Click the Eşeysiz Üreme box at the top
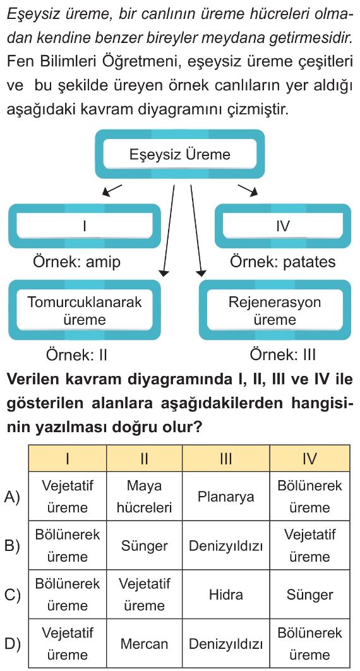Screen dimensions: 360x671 [x=179, y=154]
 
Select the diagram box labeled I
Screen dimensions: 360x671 [x=85, y=226]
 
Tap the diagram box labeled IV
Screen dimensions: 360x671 [x=282, y=226]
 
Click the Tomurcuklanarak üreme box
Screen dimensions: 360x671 [x=85, y=310]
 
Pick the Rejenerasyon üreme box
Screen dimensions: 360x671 [x=275, y=310]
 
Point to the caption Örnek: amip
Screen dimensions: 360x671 [x=77, y=262]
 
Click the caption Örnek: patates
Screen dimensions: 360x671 [x=283, y=262]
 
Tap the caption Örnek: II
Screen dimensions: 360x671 [x=76, y=354]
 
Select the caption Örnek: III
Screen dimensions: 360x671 [x=282, y=354]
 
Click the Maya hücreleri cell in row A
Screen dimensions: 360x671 [x=145, y=497]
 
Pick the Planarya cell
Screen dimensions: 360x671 [x=225, y=497]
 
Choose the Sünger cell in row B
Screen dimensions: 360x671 [x=145, y=545]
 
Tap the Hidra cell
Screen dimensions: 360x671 [x=225, y=594]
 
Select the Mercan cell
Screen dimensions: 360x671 [x=145, y=643]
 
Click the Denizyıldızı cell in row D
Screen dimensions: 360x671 [x=225, y=643]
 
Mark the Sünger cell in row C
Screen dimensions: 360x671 [x=309, y=594]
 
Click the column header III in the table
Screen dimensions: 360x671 [x=225, y=459]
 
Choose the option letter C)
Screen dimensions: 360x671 [x=12, y=595]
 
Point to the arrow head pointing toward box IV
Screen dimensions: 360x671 [x=254, y=192]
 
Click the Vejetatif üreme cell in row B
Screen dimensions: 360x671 [x=309, y=545]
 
